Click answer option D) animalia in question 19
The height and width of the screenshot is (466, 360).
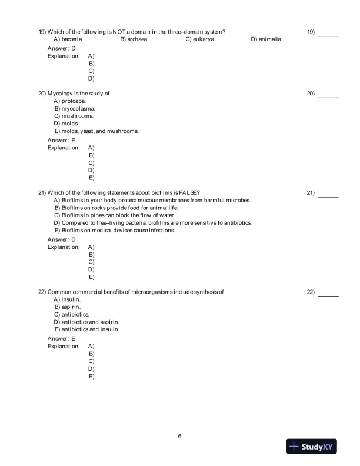pyautogui.click(x=266, y=39)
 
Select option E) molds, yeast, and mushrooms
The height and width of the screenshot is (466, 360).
pyautogui.click(x=96, y=131)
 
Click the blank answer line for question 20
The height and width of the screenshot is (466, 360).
pyautogui.click(x=328, y=98)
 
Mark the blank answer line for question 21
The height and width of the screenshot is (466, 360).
pyautogui.click(x=328, y=197)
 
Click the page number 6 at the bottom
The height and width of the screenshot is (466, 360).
pyautogui.click(x=179, y=436)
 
